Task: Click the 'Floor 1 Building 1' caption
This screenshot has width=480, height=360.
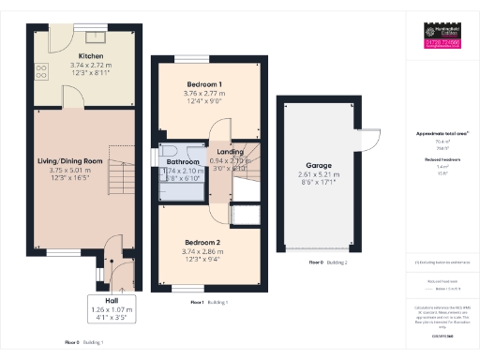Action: point(210,303)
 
